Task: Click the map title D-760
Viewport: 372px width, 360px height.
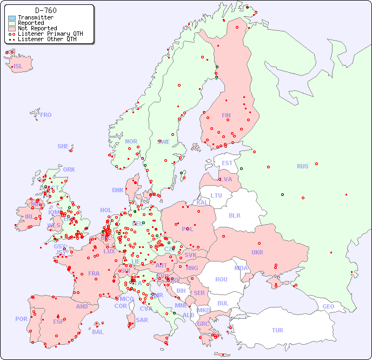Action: point(45,10)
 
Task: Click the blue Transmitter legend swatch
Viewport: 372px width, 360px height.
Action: point(12,18)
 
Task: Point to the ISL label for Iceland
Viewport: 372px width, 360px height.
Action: point(18,67)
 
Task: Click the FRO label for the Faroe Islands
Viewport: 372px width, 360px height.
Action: point(46,115)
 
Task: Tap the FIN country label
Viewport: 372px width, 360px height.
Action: point(226,115)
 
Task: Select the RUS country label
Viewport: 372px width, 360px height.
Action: point(302,166)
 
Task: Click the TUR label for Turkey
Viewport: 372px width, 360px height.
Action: point(277,330)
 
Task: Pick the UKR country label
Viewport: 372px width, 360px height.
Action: point(257,252)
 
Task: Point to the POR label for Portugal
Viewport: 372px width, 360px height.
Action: point(21,319)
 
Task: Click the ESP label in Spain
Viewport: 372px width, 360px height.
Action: point(58,321)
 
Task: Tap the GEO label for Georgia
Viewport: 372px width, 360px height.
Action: point(328,306)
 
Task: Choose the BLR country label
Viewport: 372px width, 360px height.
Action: point(234,215)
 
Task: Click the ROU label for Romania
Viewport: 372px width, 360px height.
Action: point(221,279)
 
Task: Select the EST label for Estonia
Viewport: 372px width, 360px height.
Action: point(227,163)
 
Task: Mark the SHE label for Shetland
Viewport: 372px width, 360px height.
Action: point(63,146)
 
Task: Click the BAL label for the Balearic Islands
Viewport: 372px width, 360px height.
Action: point(97,332)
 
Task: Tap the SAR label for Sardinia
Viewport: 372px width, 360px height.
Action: point(142,320)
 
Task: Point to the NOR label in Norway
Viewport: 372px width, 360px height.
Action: point(131,141)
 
